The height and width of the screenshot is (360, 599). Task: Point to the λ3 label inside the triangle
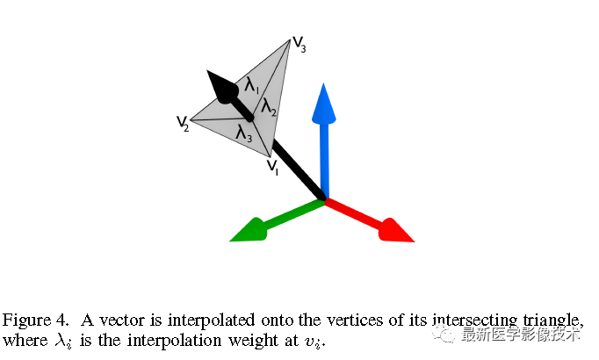click(244, 133)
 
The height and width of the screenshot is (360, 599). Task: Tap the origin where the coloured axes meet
click(325, 200)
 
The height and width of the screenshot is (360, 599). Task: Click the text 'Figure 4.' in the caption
click(32, 318)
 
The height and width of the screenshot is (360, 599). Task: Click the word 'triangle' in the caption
click(552, 319)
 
